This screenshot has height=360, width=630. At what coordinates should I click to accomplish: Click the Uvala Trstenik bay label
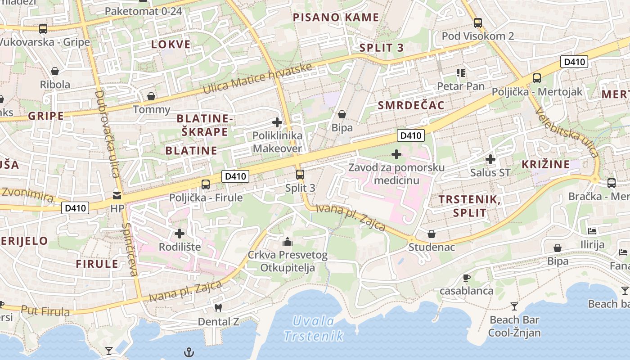tap(314, 328)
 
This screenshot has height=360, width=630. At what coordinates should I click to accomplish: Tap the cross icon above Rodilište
tap(180, 234)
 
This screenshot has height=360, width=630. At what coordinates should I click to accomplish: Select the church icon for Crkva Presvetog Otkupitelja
tap(288, 242)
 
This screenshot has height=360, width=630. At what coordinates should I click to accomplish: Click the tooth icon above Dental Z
tap(219, 308)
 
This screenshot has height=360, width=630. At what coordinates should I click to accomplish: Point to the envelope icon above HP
tap(117, 196)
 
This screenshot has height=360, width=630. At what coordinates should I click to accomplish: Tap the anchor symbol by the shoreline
tap(189, 352)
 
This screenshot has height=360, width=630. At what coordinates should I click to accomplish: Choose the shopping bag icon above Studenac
tap(432, 234)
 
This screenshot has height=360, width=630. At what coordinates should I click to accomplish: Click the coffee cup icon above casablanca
tap(467, 278)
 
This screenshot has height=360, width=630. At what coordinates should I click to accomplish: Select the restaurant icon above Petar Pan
tap(461, 72)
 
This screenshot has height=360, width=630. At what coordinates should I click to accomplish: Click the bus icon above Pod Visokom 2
tap(478, 22)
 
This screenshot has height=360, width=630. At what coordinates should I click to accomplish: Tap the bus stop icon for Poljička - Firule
tap(206, 184)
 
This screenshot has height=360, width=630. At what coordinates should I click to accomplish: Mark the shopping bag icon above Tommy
tap(151, 96)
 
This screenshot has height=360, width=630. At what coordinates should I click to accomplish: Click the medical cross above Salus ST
tap(490, 159)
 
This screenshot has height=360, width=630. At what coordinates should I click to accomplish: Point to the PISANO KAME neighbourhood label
tap(336, 18)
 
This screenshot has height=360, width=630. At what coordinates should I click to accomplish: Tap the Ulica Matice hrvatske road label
tap(257, 79)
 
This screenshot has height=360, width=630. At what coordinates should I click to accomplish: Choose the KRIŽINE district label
tap(545, 164)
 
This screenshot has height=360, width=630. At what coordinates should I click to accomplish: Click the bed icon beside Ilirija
tap(592, 231)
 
